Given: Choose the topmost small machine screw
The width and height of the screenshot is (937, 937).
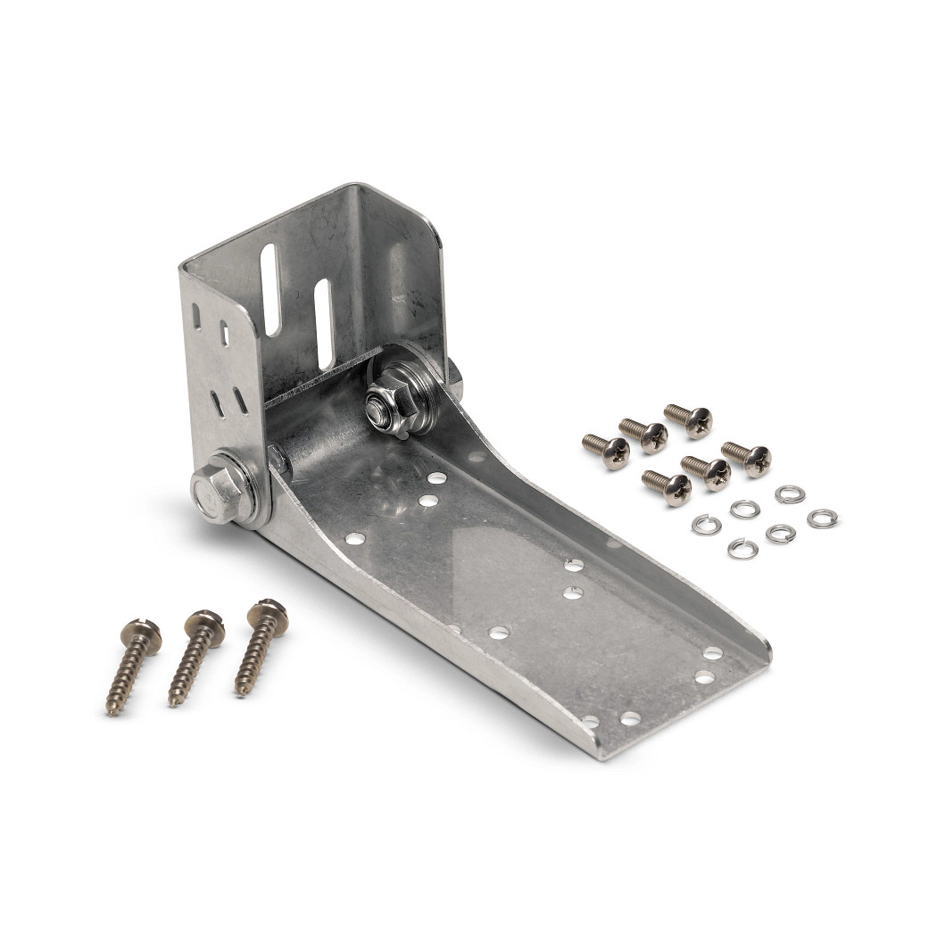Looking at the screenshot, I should [x=689, y=419].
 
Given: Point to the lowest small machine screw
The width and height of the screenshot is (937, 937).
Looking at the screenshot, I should [x=668, y=487].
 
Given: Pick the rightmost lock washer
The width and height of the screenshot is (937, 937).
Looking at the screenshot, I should [x=822, y=518].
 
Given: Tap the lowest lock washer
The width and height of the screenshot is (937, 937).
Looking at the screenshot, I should [x=742, y=549].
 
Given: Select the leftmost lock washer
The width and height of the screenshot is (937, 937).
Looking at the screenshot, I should [x=706, y=526].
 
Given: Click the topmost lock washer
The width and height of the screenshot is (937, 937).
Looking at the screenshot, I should [x=789, y=494].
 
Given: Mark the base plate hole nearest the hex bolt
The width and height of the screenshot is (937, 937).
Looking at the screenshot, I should [x=354, y=538].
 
